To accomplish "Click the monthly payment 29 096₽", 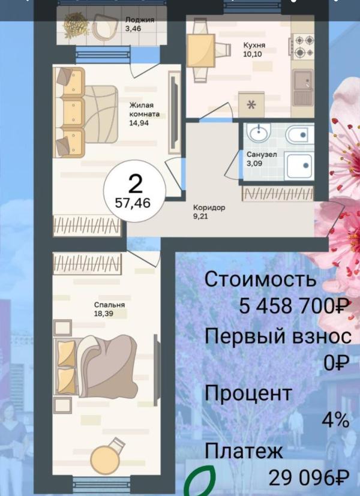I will [x=308, y=478].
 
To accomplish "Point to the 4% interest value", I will [x=335, y=420].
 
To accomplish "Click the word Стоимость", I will [x=259, y=279].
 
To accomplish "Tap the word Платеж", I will [x=242, y=450].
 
